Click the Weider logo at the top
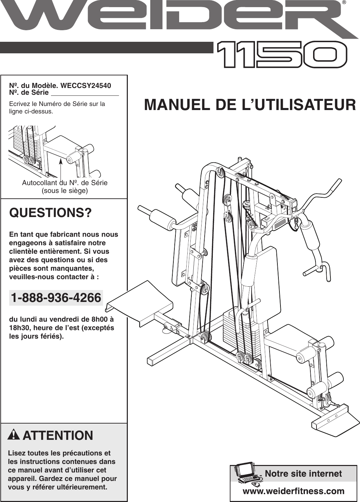177,19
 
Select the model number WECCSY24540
86,86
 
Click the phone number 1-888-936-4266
56,298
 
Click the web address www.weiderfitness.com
294,491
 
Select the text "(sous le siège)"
65,191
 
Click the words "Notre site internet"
304,473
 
